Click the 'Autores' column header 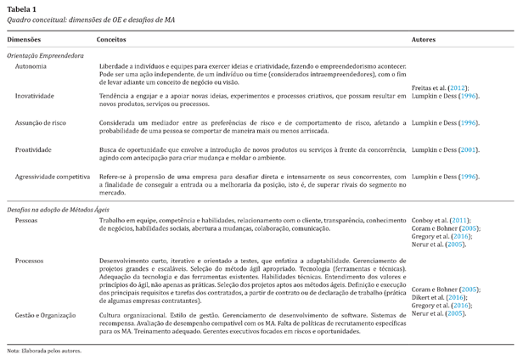click(425, 40)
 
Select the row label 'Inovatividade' click(35, 96)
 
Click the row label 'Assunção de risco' click(41, 123)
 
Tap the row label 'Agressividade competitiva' click(53, 177)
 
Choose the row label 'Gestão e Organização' click(50, 315)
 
